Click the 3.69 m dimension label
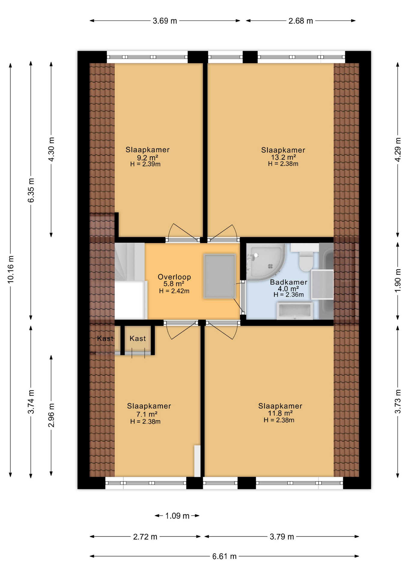click(165, 21)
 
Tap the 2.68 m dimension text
click(300, 21)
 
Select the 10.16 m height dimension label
click(11, 270)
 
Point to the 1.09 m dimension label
click(177, 516)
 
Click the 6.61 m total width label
click(224, 556)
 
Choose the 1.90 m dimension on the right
click(398, 280)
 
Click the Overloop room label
click(174, 277)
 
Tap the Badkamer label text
click(288, 282)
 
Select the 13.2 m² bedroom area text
click(283, 157)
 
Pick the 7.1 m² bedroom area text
click(147, 414)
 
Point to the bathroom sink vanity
click(295, 311)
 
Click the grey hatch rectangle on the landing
click(220, 276)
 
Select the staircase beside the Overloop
click(130, 281)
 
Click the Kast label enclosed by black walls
click(138, 338)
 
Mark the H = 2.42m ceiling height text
click(174, 291)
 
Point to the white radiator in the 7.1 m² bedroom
click(197, 461)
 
